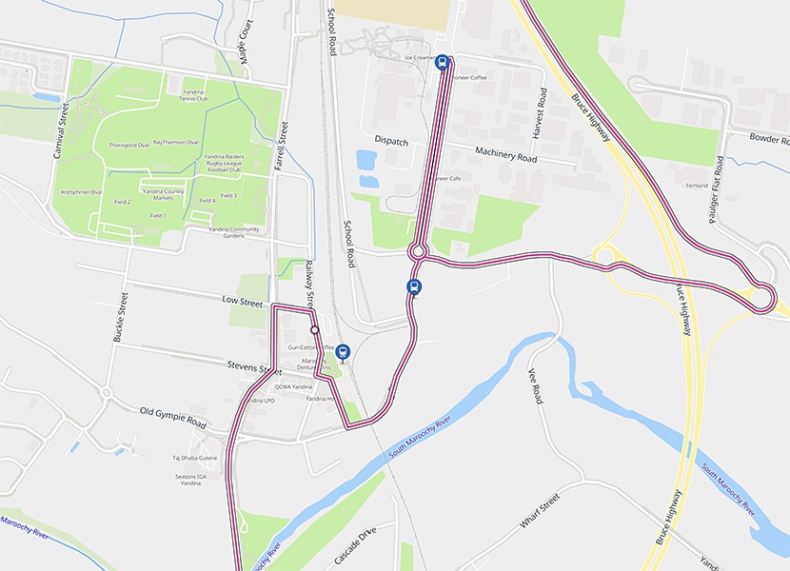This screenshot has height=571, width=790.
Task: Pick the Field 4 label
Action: pyautogui.click(x=206, y=201)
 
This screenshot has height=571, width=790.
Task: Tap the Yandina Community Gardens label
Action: pyautogui.click(x=233, y=232)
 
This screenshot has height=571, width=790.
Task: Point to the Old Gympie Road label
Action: pyautogui.click(x=172, y=416)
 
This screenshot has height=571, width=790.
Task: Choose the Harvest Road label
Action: pyautogui.click(x=541, y=110)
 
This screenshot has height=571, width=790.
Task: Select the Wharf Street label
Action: pyautogui.click(x=540, y=512)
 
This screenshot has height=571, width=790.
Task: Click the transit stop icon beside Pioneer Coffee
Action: pyautogui.click(x=442, y=63)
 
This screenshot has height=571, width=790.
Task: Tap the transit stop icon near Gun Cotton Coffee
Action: pyautogui.click(x=343, y=351)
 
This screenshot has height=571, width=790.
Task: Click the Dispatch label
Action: pyautogui.click(x=391, y=141)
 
